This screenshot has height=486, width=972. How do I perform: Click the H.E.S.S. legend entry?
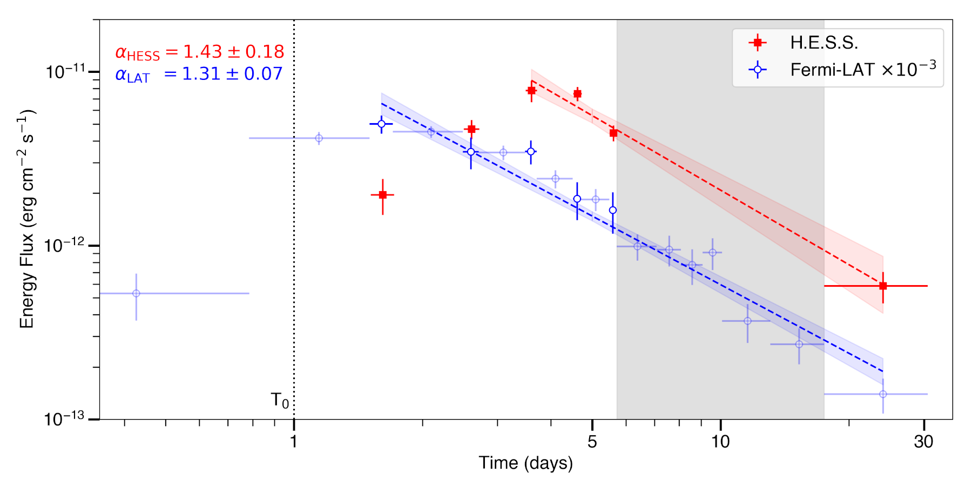823,42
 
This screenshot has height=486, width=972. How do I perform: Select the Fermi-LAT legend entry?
862,70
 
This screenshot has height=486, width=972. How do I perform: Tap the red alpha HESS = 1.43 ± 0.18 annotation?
200,52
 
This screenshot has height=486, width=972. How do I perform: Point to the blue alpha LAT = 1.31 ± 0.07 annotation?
199,74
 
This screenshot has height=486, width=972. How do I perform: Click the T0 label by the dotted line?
280,401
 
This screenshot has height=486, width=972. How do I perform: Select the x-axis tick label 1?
294,442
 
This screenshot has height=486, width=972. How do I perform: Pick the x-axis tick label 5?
592,442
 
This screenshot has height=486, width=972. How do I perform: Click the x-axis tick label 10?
720,442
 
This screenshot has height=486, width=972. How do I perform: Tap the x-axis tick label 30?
924,442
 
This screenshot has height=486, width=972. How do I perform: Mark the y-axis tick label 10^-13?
65,419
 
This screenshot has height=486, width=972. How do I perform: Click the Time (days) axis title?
525,463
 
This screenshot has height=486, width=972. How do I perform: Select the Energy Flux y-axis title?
27,219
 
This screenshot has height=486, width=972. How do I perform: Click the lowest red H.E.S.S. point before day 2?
383,194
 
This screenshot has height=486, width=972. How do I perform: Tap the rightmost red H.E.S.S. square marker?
883,286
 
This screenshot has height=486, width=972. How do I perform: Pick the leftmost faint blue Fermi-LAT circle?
136,293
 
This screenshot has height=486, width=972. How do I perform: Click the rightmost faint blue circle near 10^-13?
883,394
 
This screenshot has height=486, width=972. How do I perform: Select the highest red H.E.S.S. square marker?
531,91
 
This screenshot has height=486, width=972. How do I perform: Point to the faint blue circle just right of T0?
319,138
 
